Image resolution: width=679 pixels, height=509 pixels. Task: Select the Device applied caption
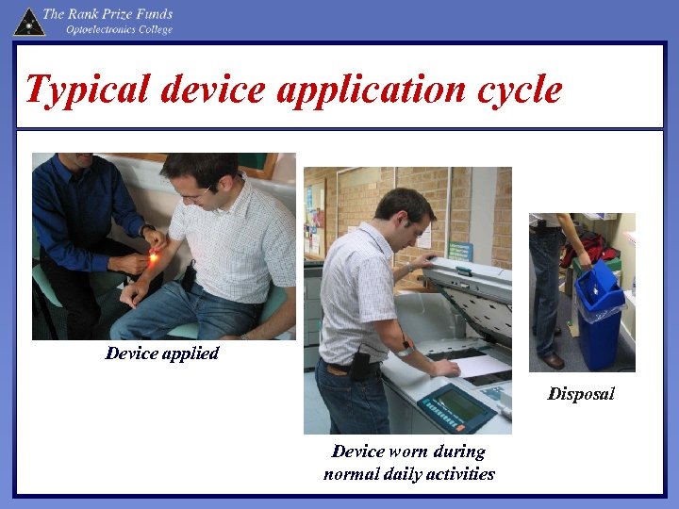(161, 353)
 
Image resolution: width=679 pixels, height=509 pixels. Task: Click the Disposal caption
(581, 394)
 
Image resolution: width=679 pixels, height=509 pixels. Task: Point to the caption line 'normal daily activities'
(408, 473)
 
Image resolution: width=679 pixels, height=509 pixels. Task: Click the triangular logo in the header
(28, 21)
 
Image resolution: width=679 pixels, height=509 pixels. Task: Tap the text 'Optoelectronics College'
(119, 30)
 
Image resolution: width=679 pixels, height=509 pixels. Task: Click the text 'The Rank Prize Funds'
(108, 13)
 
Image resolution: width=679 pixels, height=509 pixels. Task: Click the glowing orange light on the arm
(153, 256)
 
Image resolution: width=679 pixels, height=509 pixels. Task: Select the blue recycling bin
(600, 320)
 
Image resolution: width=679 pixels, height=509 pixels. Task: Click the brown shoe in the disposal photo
(553, 360)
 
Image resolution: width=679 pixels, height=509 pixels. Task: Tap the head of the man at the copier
(404, 212)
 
